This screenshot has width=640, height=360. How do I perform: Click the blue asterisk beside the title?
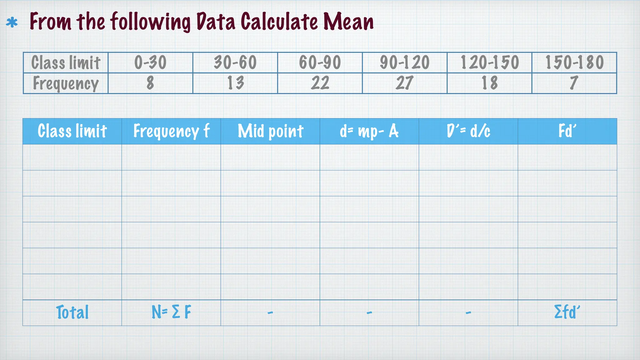click(x=12, y=23)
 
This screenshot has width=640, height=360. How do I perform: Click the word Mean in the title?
click(x=348, y=22)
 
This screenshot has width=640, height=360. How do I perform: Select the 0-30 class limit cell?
click(x=150, y=62)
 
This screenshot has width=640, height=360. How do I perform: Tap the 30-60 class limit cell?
click(x=235, y=62)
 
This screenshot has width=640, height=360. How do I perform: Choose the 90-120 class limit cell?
click(x=405, y=62)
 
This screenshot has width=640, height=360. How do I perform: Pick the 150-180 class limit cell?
click(x=574, y=62)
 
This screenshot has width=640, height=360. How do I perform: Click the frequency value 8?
click(x=150, y=83)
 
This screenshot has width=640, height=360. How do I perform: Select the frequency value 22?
click(x=320, y=83)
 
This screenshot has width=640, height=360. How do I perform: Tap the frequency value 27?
click(x=405, y=83)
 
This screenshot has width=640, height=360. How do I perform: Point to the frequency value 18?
click(x=489, y=83)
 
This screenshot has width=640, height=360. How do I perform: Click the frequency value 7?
click(x=574, y=83)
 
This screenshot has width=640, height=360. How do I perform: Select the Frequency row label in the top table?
click(x=66, y=83)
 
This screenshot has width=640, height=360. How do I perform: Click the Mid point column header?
click(x=270, y=131)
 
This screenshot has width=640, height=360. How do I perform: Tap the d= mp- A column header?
click(x=369, y=131)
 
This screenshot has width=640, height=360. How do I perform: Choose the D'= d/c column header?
click(x=468, y=131)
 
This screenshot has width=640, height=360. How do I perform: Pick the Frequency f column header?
click(x=171, y=131)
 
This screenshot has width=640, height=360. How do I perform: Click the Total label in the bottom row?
click(x=72, y=312)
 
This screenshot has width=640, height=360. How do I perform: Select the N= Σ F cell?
click(x=171, y=312)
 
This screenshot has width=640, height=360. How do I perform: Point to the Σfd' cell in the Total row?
click(x=567, y=312)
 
